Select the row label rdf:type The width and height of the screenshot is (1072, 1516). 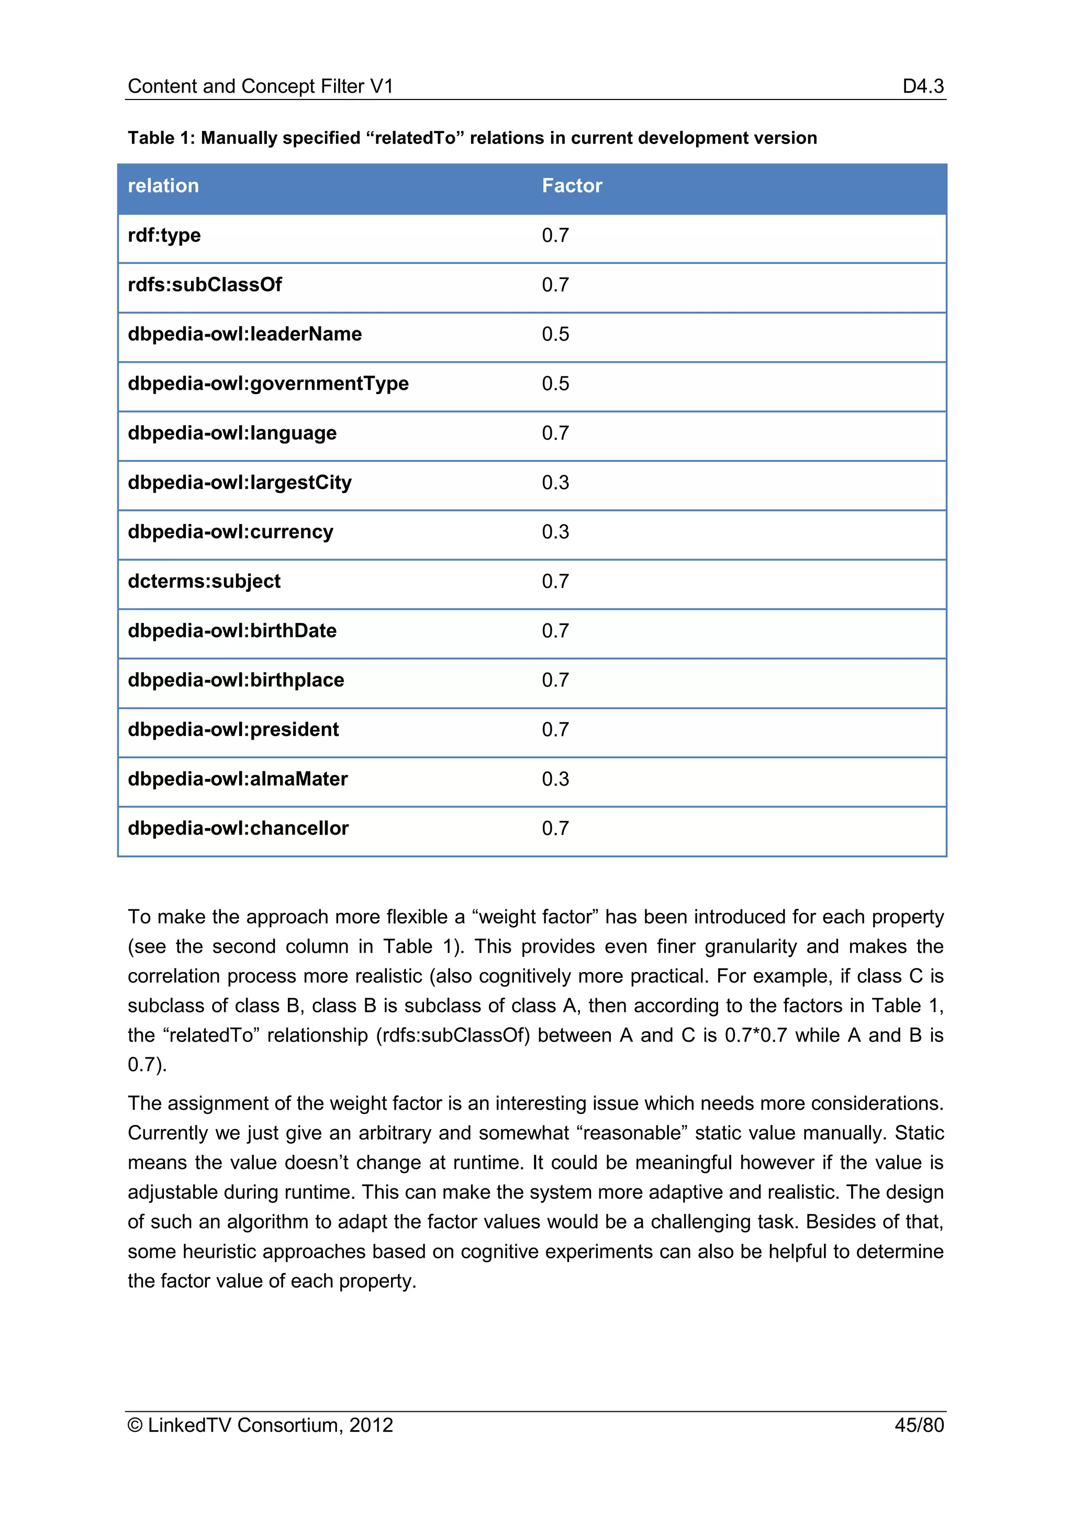[x=164, y=235]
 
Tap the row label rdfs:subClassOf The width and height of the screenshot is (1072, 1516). [x=205, y=285]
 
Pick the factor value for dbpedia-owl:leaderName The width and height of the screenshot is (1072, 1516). [x=555, y=334]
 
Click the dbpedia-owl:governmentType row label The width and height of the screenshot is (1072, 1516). [x=268, y=384]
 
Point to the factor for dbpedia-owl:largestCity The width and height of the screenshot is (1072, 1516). [x=555, y=483]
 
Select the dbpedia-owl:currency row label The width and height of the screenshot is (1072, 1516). [x=230, y=532]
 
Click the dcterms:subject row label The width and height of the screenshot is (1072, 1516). [x=204, y=582]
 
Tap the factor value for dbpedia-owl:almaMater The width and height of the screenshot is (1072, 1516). [x=555, y=779]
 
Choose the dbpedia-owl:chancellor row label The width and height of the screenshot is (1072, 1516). [x=238, y=829]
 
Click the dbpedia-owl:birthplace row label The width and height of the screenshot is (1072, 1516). [x=236, y=680]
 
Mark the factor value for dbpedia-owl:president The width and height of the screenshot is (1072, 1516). [x=555, y=730]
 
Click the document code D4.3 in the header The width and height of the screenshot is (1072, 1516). [x=923, y=86]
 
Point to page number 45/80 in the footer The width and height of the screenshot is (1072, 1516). [x=919, y=1425]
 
